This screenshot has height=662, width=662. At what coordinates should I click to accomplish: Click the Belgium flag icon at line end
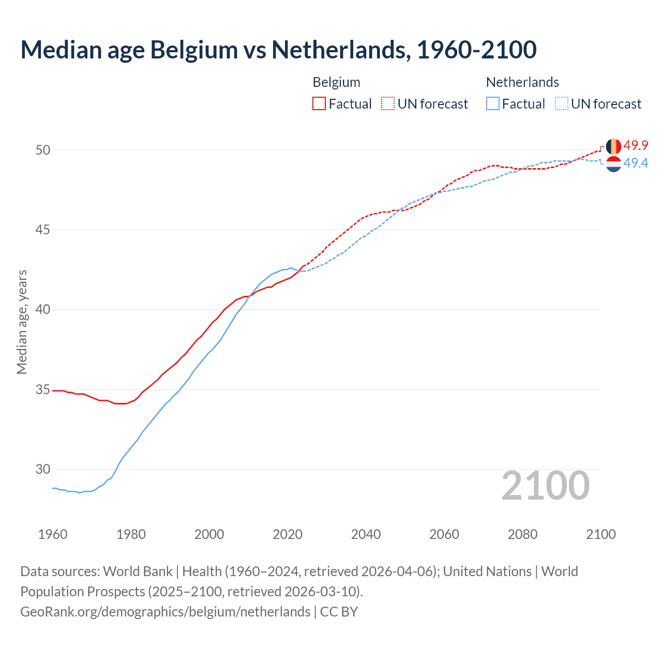click(613, 146)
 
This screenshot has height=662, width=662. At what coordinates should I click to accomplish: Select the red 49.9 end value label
click(636, 145)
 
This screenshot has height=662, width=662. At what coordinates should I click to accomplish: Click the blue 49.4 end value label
click(636, 163)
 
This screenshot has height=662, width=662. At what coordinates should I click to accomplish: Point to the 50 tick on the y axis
click(43, 150)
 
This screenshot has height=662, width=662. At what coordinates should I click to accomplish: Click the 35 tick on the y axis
click(43, 389)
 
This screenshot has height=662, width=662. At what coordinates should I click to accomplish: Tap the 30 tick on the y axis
click(43, 469)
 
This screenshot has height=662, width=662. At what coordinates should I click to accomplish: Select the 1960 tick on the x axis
click(53, 534)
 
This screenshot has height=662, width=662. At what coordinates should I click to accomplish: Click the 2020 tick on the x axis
click(288, 534)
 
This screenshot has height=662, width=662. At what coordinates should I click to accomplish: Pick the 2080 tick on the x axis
click(522, 534)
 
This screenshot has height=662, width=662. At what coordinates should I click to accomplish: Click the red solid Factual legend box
click(319, 104)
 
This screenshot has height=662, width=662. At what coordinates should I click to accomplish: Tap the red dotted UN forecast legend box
click(388, 104)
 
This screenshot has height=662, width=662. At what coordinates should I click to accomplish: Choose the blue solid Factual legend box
click(493, 104)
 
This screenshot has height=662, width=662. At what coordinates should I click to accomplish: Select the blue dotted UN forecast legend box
click(561, 104)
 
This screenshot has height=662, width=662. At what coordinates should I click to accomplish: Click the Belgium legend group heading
click(336, 82)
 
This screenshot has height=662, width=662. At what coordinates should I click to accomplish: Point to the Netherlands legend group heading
click(522, 82)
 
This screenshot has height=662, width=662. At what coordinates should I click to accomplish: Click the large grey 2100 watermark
click(546, 485)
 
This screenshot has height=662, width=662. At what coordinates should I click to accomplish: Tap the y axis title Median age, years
click(22, 322)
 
